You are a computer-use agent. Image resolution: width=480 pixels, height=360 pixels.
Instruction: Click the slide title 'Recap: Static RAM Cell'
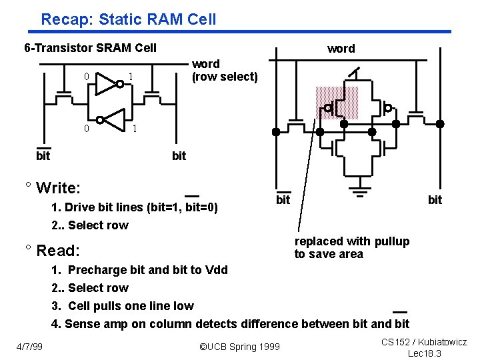[x=129, y=19]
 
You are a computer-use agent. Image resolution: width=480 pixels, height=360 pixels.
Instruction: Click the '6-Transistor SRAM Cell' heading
[x=90, y=47]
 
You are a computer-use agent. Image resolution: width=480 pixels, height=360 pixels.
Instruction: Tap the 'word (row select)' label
[x=225, y=70]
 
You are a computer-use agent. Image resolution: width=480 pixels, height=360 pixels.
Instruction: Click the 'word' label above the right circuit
[x=341, y=49]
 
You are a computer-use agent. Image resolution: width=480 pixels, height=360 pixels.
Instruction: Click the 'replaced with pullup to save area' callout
[x=352, y=247]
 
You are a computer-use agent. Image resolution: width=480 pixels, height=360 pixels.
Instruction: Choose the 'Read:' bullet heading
[x=58, y=251]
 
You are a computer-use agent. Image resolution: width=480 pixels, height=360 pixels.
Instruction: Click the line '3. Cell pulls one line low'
[x=123, y=306]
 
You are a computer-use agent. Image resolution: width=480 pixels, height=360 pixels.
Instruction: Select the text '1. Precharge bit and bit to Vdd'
[x=139, y=270]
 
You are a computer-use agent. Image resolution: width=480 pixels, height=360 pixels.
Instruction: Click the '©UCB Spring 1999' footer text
[x=240, y=347]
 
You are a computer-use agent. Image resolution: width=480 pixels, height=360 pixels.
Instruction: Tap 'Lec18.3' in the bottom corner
[x=424, y=353]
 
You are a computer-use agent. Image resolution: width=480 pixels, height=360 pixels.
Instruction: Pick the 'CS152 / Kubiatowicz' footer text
[x=424, y=342]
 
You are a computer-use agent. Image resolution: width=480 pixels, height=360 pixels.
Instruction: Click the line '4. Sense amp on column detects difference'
[x=231, y=324]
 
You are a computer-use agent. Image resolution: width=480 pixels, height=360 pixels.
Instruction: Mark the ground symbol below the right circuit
[x=361, y=195]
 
